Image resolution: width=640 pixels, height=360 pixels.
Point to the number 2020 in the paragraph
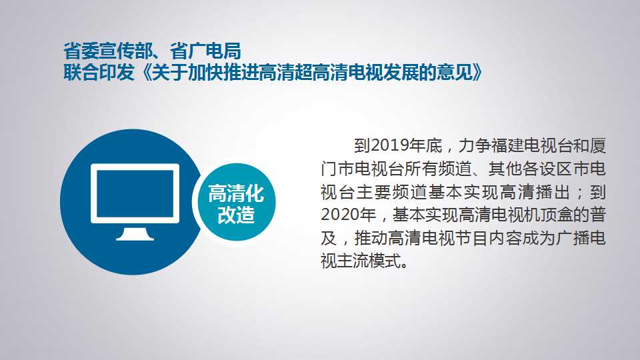click(x=341, y=215)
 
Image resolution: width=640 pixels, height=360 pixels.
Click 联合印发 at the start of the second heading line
click(x=99, y=73)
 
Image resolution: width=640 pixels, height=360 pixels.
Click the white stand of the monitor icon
click(x=135, y=234)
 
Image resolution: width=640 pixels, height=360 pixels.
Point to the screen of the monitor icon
click(x=135, y=193)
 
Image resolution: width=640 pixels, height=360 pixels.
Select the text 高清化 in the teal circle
click(x=236, y=193)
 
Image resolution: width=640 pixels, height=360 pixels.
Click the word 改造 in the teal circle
click(x=236, y=215)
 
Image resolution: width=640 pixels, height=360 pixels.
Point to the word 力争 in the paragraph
click(x=474, y=145)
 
